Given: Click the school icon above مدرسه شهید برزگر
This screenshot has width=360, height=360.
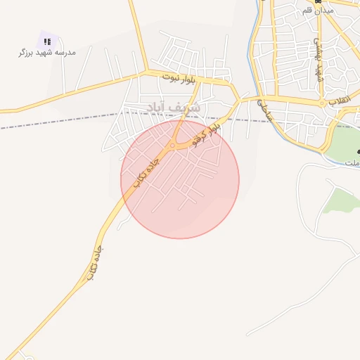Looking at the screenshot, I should point(47,41).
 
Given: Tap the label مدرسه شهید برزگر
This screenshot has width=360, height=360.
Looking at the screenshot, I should point(47,53).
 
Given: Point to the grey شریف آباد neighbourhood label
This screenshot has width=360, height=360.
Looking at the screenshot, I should point(172,108).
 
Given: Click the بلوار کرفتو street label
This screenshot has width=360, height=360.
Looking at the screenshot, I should point(206,133).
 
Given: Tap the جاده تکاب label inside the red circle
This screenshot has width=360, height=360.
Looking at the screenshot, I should point(148,166).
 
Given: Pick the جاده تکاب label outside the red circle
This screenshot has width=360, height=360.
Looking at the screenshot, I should point(94,263).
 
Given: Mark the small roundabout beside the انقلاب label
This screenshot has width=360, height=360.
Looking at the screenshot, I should point(323,103).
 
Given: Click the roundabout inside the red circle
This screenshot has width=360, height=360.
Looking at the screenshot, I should point(172,147).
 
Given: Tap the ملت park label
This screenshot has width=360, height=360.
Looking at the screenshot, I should point(352,162).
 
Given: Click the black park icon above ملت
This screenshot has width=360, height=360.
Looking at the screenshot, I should point(358,152).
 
